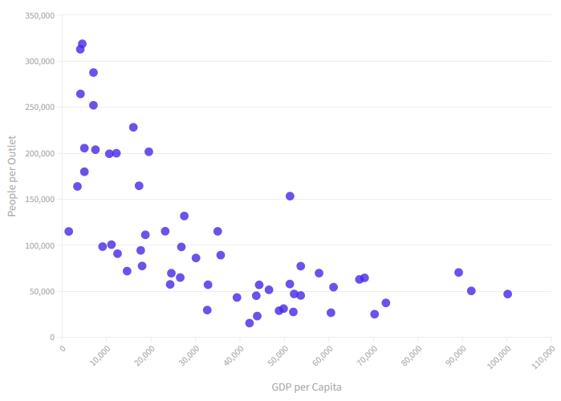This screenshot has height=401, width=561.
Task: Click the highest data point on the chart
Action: click(82, 44)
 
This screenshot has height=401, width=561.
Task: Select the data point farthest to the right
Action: click(507, 294)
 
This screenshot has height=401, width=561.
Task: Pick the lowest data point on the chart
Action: click(250, 323)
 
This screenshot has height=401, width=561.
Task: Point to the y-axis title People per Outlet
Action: click(12, 176)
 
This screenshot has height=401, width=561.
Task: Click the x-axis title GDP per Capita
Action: click(307, 387)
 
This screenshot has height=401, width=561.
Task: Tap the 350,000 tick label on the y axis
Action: click(39, 15)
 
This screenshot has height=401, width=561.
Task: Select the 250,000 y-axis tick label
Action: click(39, 107)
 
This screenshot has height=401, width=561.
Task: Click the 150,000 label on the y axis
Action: click(39, 200)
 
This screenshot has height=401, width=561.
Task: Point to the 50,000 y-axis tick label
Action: click(41, 292)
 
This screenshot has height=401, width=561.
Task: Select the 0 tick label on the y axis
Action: click(51, 338)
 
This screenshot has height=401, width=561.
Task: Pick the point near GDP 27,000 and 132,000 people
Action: click(184, 216)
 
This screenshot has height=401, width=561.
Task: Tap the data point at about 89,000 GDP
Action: click(458, 273)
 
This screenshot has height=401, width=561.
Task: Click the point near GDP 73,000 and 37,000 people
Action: click(385, 303)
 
